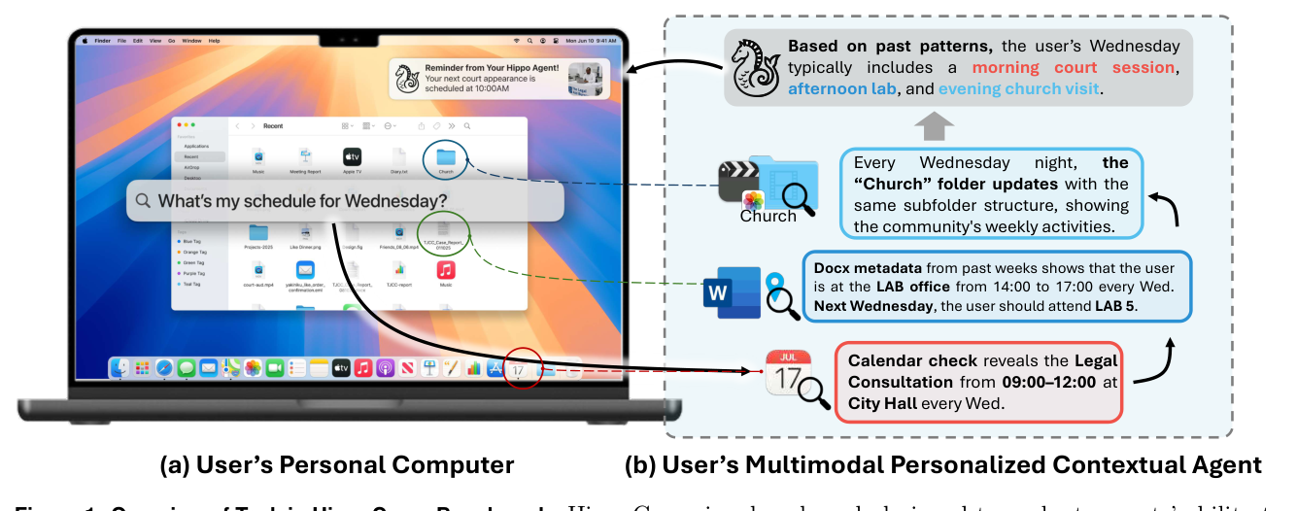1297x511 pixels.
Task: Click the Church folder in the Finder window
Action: [x=446, y=157]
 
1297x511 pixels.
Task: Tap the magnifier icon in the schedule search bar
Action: [x=143, y=201]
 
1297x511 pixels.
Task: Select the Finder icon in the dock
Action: [x=120, y=368]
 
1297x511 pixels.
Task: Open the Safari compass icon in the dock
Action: [x=164, y=368]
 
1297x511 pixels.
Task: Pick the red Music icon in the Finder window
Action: [x=446, y=269]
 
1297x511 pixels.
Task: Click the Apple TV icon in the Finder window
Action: [x=352, y=156]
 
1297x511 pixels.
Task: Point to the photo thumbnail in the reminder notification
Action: [x=587, y=78]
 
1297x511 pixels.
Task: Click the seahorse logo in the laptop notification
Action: [x=407, y=78]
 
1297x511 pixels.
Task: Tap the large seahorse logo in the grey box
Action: [x=755, y=67]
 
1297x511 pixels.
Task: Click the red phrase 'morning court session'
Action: [x=1075, y=68]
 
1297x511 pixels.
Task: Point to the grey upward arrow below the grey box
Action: [x=934, y=124]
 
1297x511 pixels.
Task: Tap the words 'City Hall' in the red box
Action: [x=884, y=402]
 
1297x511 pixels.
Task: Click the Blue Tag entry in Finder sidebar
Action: [x=190, y=240]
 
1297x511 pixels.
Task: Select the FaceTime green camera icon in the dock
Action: [x=274, y=368]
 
